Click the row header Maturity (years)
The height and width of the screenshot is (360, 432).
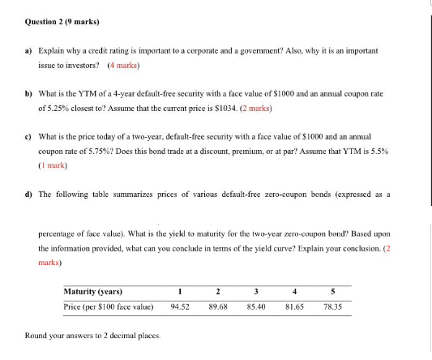(93, 292)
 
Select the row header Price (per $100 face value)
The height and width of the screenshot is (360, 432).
(109, 307)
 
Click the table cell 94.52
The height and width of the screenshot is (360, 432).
(180, 307)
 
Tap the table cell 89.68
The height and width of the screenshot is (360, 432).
(218, 307)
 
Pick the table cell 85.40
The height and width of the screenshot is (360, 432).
(256, 307)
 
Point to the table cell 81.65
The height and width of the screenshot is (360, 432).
(294, 307)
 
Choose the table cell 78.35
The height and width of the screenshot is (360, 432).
(332, 307)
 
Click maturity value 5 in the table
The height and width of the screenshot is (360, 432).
(332, 292)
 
